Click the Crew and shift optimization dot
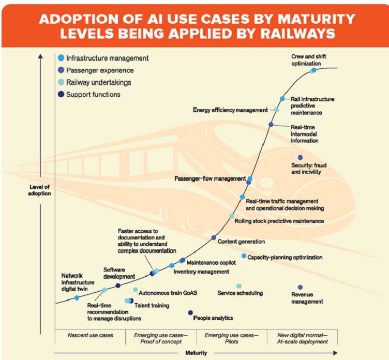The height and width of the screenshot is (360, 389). [313, 70]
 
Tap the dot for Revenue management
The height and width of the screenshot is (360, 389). [300, 287]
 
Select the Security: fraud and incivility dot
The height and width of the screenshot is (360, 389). [300, 157]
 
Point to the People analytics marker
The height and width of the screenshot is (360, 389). [190, 312]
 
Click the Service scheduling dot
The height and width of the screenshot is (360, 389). [239, 286]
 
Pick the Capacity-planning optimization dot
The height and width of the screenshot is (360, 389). [244, 256]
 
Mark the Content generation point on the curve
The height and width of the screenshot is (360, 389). [214, 237]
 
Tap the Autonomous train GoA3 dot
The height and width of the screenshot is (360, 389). [136, 290]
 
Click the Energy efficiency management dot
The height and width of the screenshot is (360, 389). [276, 110]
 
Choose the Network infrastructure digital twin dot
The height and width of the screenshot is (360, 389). [77, 298]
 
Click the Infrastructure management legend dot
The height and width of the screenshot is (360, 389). [62, 58]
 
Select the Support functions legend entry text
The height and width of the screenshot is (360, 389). [93, 94]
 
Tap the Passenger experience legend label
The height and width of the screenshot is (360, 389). [100, 70]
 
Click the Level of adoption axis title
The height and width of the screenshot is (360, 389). [39, 190]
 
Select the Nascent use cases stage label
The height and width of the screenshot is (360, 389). [91, 335]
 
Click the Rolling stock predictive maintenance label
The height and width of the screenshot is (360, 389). [279, 221]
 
